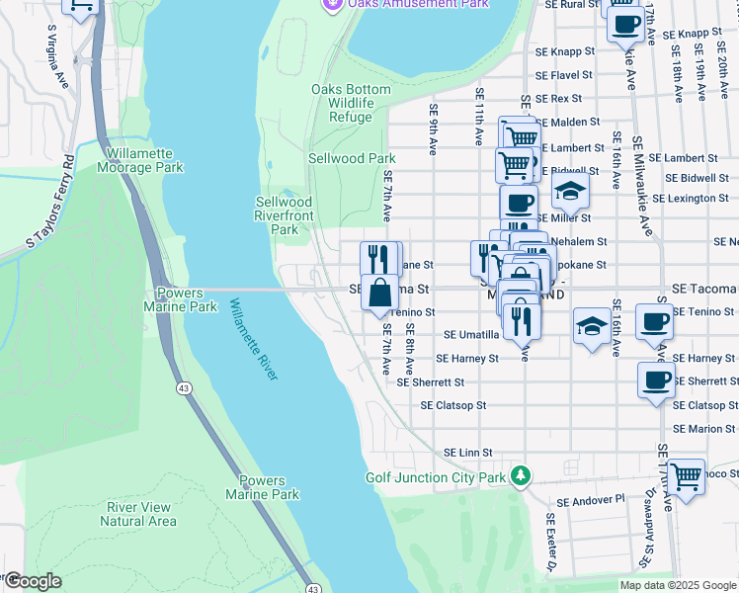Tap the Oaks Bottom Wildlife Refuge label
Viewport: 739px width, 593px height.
pyautogui.click(x=351, y=103)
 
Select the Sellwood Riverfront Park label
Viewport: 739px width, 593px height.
pyautogui.click(x=284, y=215)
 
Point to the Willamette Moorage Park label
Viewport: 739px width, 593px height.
pyautogui.click(x=140, y=160)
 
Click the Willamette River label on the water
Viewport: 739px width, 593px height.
pyautogui.click(x=253, y=340)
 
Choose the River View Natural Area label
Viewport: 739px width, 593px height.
pyautogui.click(x=141, y=514)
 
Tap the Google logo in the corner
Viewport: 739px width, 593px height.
pyautogui.click(x=32, y=581)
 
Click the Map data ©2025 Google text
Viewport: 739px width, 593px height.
pyautogui.click(x=678, y=585)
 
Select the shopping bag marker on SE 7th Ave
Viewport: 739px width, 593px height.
pyautogui.click(x=380, y=294)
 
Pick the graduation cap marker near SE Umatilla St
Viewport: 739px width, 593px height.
pyautogui.click(x=591, y=327)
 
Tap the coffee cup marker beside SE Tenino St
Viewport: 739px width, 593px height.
pyautogui.click(x=655, y=322)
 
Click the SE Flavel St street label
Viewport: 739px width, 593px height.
pyautogui.click(x=564, y=75)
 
